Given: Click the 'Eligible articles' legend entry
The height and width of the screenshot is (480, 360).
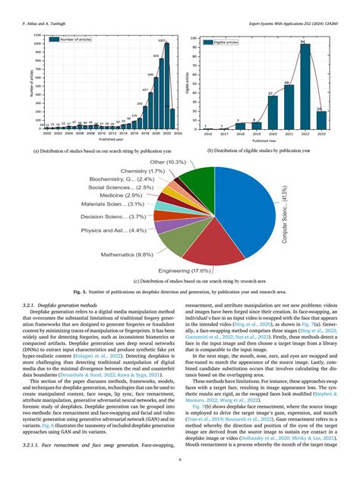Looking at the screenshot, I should pyautogui.click(x=228, y=45).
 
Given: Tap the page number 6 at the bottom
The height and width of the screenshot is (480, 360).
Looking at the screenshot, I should pyautogui.click(x=180, y=459).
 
